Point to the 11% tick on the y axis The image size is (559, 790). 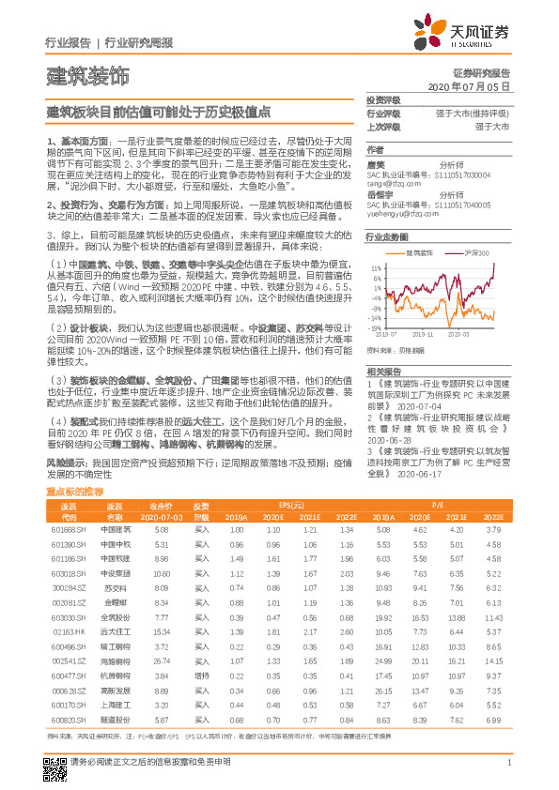pyautogui.click(x=375, y=266)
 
